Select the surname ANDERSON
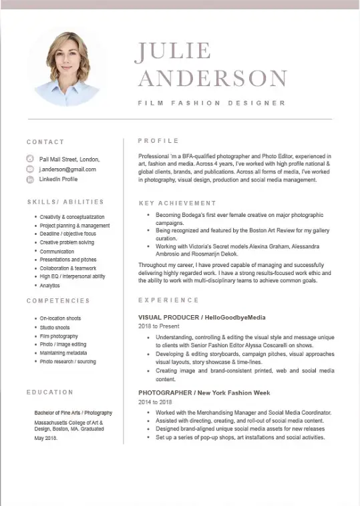(212, 77)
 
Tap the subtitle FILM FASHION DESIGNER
(212, 103)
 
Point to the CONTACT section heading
(45, 142)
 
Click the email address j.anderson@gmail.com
(67, 170)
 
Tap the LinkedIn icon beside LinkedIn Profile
(30, 180)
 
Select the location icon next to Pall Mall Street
(30, 160)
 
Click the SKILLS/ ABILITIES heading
(65, 202)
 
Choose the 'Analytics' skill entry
(49, 285)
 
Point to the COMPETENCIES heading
(58, 301)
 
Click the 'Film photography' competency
(59, 336)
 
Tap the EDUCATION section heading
(50, 392)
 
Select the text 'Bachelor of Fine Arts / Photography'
(73, 413)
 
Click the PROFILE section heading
(158, 141)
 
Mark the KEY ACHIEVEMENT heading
(178, 203)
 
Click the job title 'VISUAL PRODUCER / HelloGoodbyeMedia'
(202, 317)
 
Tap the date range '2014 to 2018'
(155, 403)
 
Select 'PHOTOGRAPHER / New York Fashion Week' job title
(204, 393)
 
